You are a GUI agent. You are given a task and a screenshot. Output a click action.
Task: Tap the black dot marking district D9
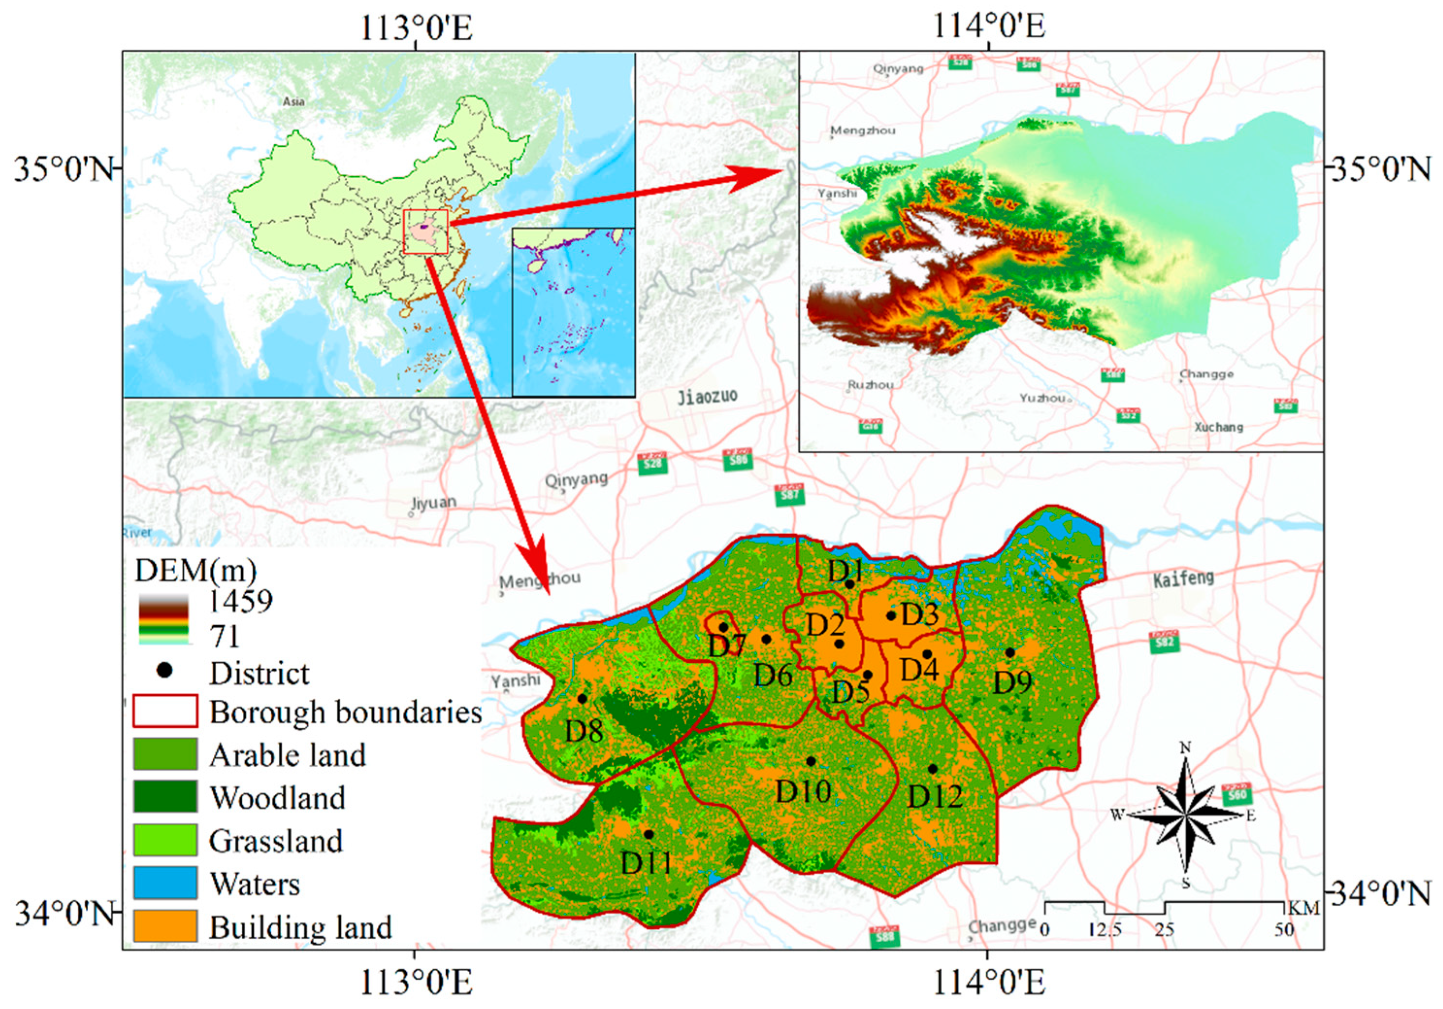[1010, 652]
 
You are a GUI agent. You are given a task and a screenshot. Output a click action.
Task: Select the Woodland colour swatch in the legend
[164, 796]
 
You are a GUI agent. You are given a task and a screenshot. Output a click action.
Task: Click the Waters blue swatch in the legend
[164, 883]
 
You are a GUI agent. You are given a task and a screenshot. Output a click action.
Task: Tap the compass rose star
[1185, 815]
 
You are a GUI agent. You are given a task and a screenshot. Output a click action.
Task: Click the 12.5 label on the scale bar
[1105, 930]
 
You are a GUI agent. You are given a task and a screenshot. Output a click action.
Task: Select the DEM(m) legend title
[196, 570]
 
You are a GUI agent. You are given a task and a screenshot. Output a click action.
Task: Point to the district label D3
[920, 614]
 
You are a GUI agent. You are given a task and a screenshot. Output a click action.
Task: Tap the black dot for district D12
[933, 769]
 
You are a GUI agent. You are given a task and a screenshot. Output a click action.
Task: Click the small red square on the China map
[425, 231]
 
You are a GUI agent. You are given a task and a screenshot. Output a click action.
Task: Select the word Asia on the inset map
[294, 101]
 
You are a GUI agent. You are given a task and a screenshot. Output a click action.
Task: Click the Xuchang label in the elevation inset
[1219, 427]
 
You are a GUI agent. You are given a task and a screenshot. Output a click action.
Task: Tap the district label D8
[584, 731]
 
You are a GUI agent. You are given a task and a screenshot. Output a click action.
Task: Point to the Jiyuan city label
[434, 503]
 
